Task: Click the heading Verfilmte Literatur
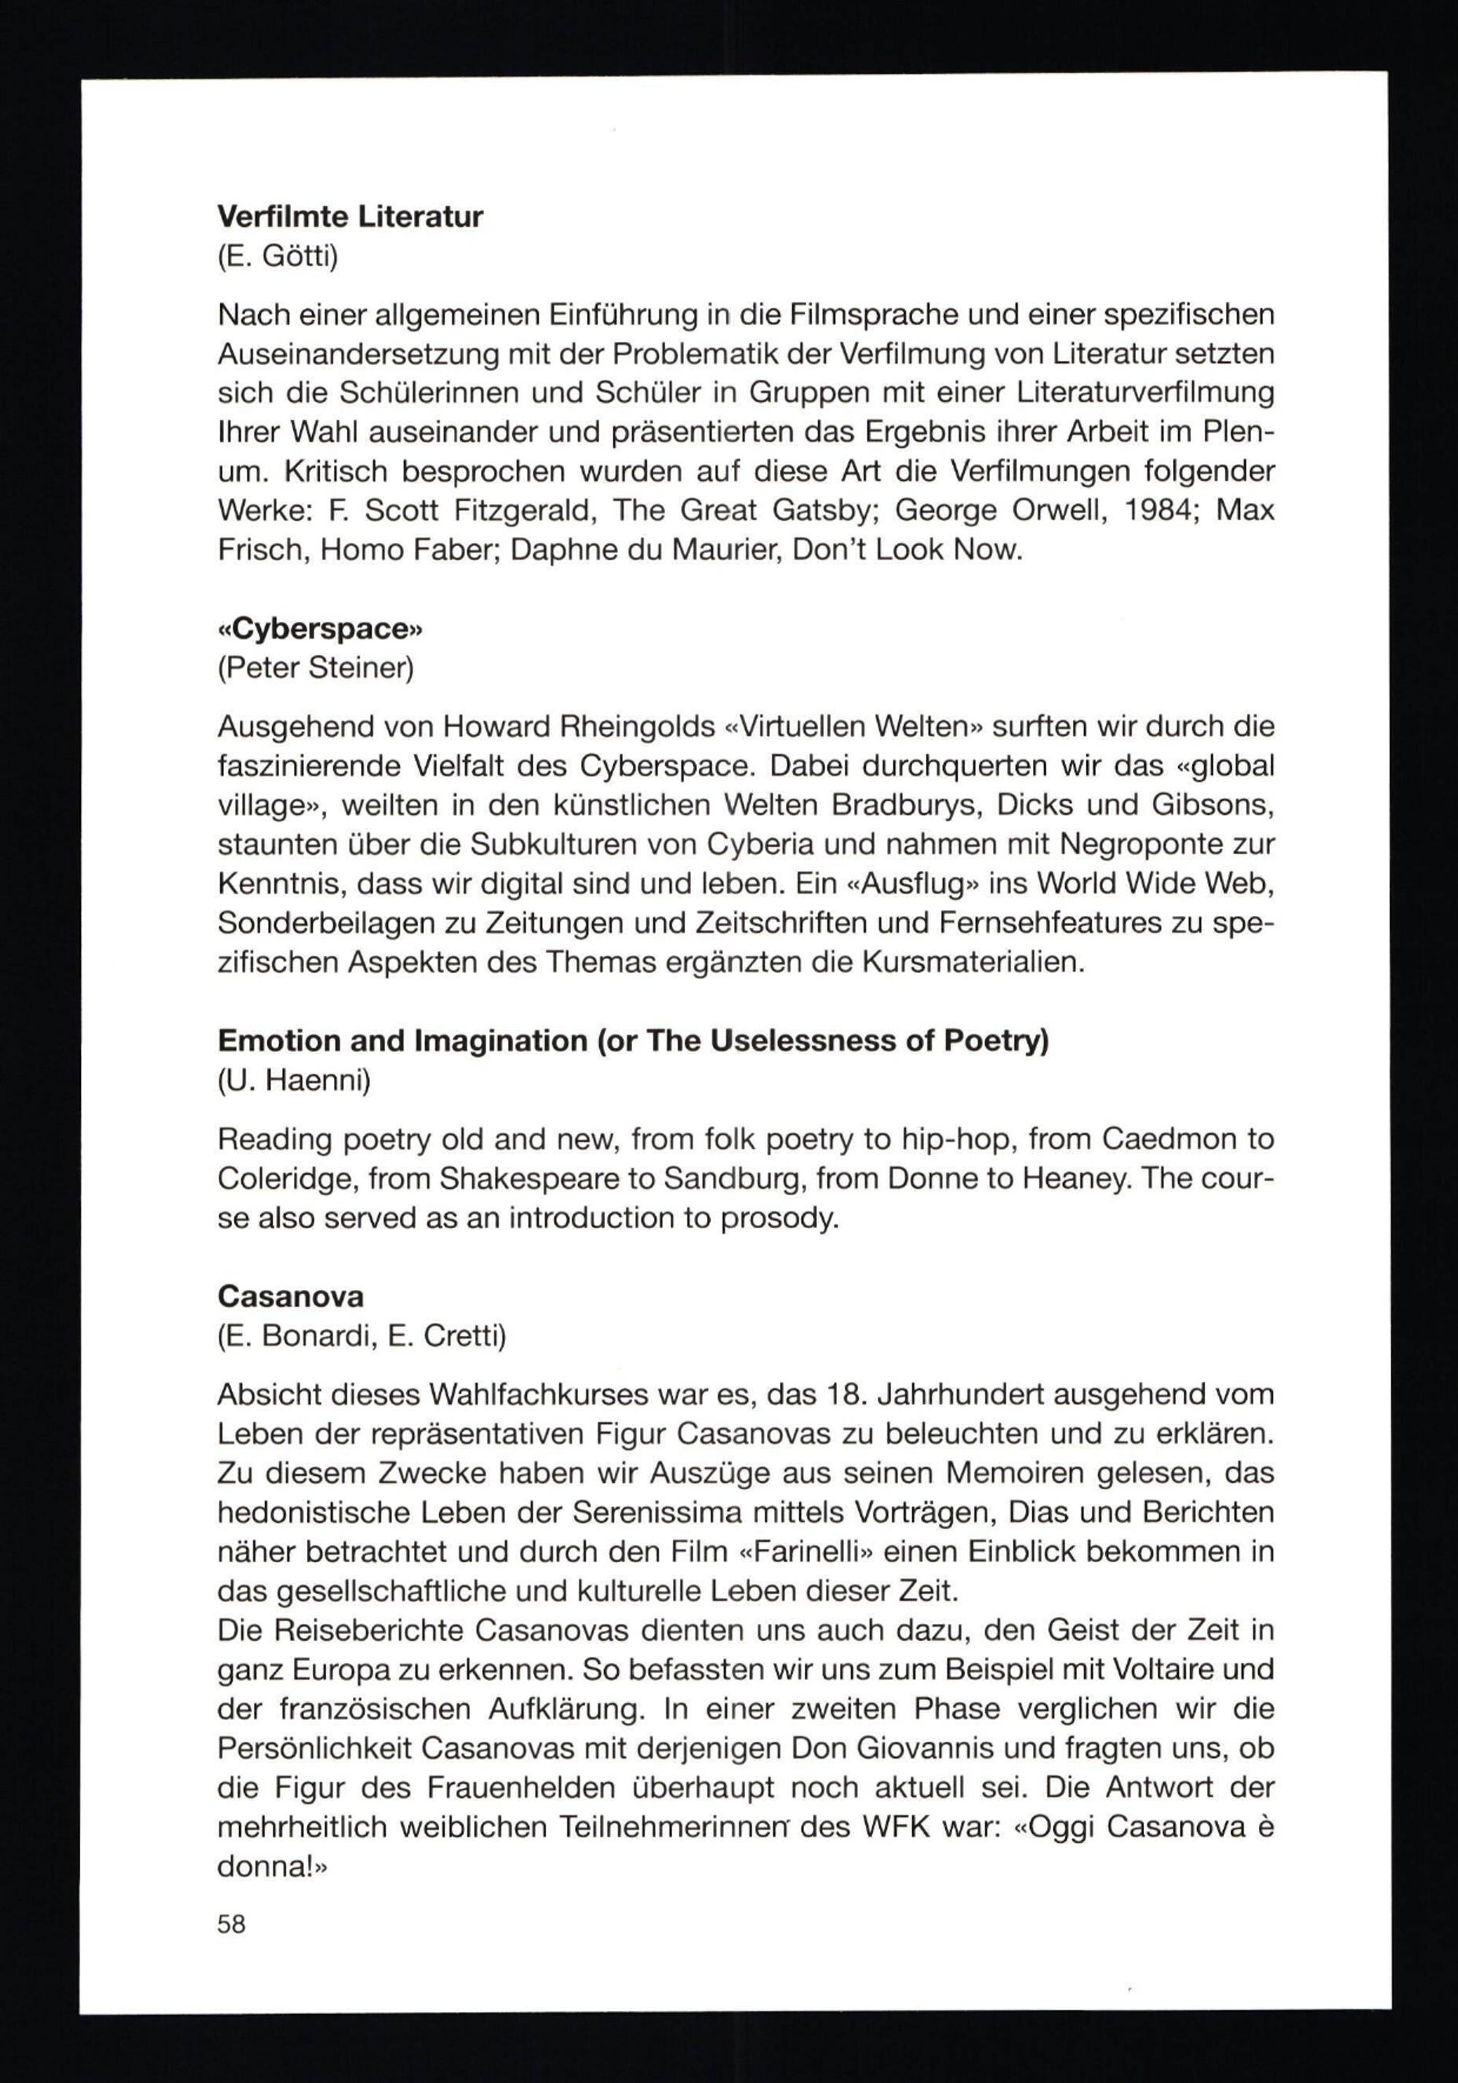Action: [x=349, y=218]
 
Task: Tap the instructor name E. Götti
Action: [x=277, y=258]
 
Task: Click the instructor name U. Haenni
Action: [x=294, y=1081]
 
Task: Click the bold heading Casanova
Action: [x=290, y=1297]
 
